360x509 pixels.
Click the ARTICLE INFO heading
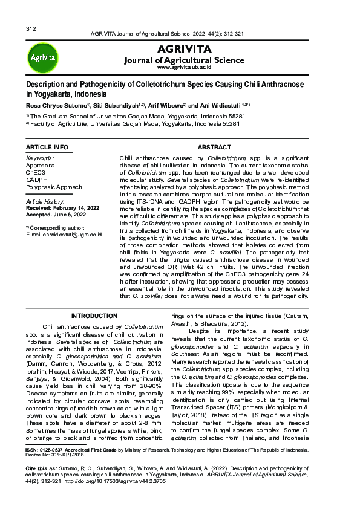pos(47,148)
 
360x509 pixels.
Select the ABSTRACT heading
pos(214,148)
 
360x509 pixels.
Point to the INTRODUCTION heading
pos(94,316)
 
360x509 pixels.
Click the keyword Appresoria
pos(40,165)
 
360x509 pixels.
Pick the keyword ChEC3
pos(35,172)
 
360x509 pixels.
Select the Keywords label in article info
pos(40,158)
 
